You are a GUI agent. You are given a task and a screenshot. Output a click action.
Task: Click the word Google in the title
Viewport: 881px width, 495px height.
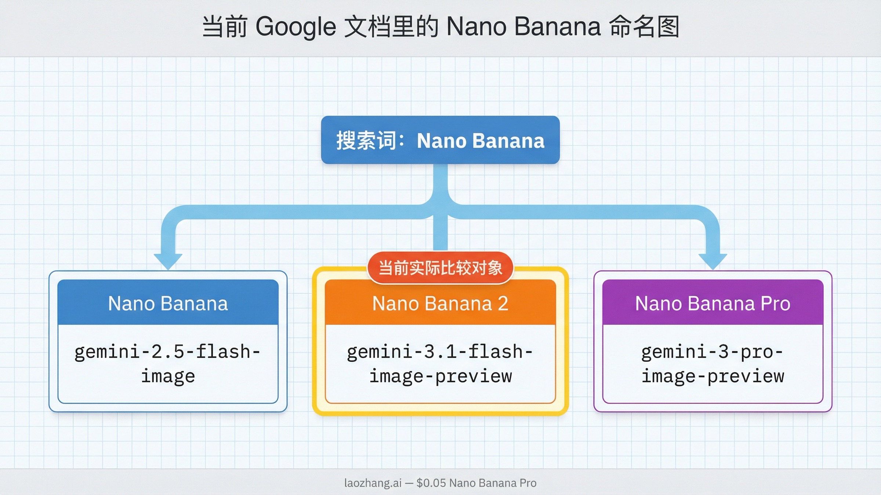[296, 27]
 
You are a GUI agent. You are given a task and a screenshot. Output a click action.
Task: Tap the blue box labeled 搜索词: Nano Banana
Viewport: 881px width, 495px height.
[440, 140]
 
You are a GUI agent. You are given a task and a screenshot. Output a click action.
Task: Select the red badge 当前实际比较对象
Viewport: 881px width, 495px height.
[440, 268]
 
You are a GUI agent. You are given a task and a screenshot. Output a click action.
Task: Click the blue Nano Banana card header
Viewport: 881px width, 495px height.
[168, 303]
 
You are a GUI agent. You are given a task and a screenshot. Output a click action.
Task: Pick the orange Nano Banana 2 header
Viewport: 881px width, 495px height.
[440, 303]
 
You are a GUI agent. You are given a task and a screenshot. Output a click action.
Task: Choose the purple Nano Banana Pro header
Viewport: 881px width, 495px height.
[713, 303]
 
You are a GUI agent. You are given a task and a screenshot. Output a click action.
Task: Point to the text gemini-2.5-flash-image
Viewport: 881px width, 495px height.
[168, 363]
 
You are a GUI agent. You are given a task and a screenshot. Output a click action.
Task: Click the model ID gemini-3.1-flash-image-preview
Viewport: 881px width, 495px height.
[440, 363]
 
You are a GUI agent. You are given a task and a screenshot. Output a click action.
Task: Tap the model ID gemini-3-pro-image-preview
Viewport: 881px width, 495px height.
[713, 363]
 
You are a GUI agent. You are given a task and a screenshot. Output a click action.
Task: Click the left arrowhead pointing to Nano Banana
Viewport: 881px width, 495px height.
[168, 261]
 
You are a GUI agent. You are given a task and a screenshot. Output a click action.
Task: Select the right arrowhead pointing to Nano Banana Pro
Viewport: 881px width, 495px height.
[713, 261]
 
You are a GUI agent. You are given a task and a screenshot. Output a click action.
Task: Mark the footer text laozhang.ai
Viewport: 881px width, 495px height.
[373, 483]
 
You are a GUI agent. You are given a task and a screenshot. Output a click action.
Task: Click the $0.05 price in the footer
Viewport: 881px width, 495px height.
[431, 483]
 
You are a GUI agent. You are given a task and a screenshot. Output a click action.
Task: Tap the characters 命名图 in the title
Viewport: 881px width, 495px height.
[644, 27]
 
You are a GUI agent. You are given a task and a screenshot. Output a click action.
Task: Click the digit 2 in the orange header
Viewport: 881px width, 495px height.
[503, 304]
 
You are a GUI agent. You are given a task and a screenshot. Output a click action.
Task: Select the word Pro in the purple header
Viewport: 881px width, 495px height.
[775, 304]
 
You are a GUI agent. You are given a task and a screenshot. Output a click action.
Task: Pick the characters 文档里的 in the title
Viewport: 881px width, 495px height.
[391, 27]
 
